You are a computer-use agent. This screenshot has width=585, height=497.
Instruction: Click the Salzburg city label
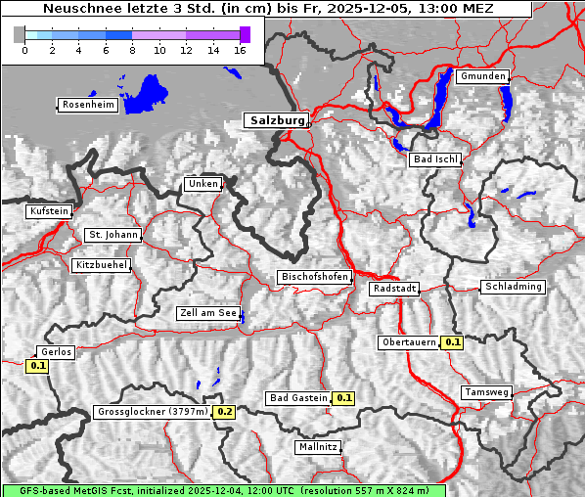tap(276, 120)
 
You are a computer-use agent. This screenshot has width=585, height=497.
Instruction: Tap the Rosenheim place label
tap(87, 105)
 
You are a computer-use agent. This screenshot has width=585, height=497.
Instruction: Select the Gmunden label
tap(482, 76)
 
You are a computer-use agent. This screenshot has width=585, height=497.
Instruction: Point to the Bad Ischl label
tap(434, 159)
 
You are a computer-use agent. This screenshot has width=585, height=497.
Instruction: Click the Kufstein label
tap(49, 211)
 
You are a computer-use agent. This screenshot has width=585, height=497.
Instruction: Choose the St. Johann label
tap(112, 235)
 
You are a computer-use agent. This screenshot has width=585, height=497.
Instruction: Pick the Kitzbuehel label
tap(101, 265)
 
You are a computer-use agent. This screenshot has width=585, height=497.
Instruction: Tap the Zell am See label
tap(207, 313)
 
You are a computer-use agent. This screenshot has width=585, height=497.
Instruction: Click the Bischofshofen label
tap(314, 278)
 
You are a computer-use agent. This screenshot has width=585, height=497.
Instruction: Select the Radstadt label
tap(394, 289)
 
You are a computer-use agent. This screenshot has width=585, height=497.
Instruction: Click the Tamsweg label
tap(486, 392)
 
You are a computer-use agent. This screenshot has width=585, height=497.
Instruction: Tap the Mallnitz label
tap(318, 447)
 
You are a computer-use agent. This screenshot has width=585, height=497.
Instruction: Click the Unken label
tap(202, 184)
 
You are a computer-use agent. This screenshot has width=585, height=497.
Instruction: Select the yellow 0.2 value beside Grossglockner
tap(225, 412)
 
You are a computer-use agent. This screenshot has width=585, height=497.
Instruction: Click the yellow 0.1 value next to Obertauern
tap(452, 342)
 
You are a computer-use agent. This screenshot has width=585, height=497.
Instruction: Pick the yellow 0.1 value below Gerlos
tap(37, 366)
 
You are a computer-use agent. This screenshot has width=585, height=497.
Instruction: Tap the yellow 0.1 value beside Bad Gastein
tap(343, 398)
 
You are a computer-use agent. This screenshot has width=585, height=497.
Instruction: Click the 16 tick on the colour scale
tap(240, 50)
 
